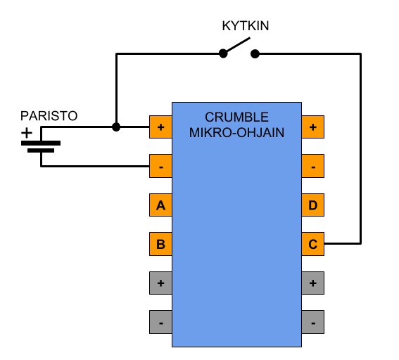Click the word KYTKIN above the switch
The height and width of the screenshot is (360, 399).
point(246,26)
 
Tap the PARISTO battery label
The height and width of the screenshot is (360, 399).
point(49,116)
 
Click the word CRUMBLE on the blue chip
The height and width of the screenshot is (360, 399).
point(236,117)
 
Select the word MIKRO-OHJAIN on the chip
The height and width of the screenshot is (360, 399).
point(236,132)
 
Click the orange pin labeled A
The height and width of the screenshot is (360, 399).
point(160,205)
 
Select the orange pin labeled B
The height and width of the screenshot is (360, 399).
point(160,244)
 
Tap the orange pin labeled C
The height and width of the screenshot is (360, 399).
point(312,244)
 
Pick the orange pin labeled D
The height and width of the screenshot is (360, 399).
point(312,205)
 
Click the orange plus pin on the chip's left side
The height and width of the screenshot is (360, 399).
point(160,127)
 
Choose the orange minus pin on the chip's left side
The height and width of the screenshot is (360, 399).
point(160,166)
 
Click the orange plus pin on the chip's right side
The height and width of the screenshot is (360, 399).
point(312,127)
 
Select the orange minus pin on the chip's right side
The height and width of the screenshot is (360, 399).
point(312,166)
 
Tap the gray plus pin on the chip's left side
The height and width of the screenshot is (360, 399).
point(160,283)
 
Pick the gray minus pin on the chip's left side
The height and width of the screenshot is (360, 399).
point(160,322)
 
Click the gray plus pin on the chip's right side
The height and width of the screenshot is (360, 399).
point(312,283)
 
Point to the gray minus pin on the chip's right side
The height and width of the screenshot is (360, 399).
point(312,322)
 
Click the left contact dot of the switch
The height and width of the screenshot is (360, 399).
point(223,53)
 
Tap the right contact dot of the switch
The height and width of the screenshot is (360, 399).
point(255,53)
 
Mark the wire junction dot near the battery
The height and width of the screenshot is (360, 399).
point(116,127)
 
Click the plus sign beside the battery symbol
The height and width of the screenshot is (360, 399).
point(27,133)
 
